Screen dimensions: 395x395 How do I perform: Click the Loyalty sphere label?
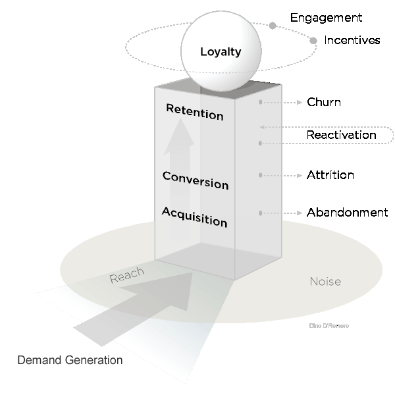[x=221, y=51]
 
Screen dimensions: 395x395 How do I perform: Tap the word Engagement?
[x=325, y=18]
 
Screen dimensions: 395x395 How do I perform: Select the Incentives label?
[x=352, y=40]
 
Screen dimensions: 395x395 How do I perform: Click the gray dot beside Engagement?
[x=273, y=26]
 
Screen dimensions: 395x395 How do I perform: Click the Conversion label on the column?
[x=195, y=179]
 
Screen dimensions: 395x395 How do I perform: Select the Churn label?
[x=324, y=103]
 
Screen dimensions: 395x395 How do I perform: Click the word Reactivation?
[x=341, y=135]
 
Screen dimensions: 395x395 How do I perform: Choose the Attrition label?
[x=330, y=175]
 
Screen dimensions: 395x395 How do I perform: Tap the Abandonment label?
[x=347, y=213]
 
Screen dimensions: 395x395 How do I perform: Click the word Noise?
[x=325, y=282]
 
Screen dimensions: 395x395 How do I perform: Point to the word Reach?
[x=126, y=278]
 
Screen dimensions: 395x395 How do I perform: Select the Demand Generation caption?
[x=70, y=360]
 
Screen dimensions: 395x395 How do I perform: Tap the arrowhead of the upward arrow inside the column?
[x=180, y=135]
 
